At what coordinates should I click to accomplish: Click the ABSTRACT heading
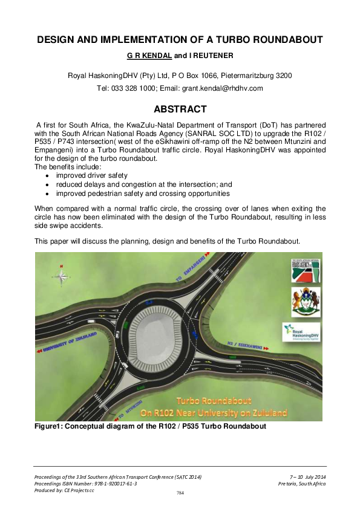(180, 109)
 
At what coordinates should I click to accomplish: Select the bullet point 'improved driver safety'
(93, 175)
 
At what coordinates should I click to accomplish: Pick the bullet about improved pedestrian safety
(142, 193)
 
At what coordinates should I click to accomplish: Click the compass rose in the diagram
(61, 276)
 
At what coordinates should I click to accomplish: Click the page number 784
(180, 493)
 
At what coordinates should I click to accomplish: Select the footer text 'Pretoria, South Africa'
(302, 484)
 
